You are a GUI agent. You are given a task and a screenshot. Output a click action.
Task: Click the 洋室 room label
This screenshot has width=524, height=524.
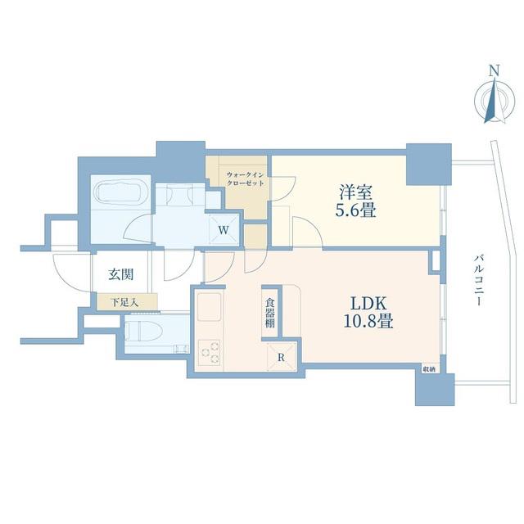point(356,192)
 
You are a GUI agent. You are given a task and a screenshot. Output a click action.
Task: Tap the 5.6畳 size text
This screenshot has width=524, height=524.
point(356,210)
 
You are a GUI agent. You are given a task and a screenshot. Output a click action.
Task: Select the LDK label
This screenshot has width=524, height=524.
point(368,304)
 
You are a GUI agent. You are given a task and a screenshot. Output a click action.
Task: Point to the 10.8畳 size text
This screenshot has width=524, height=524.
point(368,321)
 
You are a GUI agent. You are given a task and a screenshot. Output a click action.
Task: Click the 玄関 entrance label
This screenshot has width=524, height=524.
point(121,274)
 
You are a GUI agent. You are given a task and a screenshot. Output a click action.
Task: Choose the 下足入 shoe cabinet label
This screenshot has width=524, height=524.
point(124,303)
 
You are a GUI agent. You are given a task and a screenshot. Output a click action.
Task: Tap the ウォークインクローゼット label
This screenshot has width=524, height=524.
point(246,178)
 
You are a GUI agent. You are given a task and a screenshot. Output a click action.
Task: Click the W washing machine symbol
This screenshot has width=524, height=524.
point(224,229)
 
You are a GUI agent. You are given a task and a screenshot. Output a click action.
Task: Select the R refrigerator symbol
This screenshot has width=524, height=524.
point(282,358)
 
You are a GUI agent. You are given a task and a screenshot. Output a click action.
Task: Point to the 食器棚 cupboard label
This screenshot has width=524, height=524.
point(270,313)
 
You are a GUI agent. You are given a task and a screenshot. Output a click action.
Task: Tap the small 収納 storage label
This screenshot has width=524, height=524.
point(429,369)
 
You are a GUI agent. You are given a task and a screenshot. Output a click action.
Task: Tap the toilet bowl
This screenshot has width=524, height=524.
point(144,332)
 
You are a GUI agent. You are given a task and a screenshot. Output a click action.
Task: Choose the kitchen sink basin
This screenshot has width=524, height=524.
point(210,307)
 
